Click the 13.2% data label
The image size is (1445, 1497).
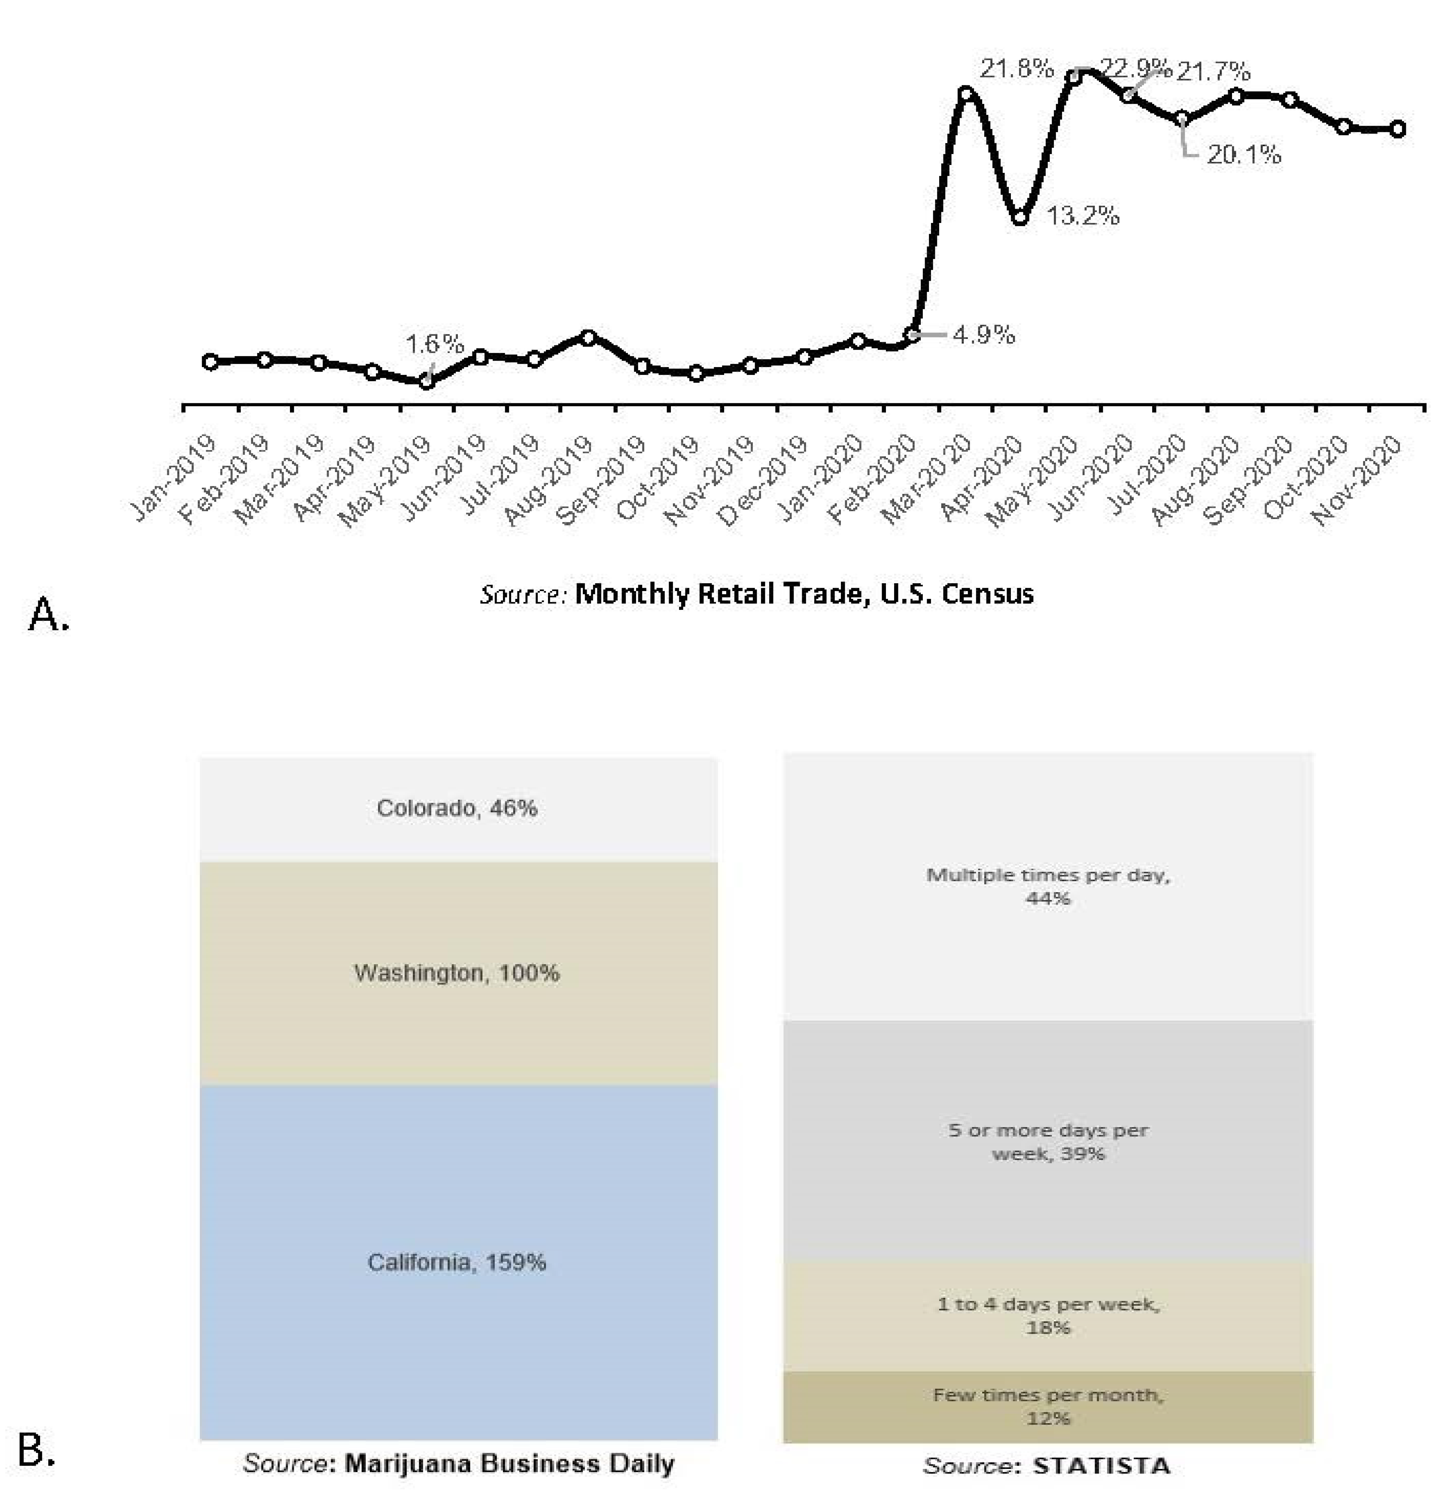[1082, 216]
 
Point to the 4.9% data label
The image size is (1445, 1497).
[984, 334]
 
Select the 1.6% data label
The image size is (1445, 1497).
[434, 344]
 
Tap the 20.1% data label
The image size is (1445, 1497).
[1243, 155]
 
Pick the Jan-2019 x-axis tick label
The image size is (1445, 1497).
[173, 480]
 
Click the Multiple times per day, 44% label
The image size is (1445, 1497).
[1048, 886]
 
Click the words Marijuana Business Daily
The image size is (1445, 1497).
[509, 1463]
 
